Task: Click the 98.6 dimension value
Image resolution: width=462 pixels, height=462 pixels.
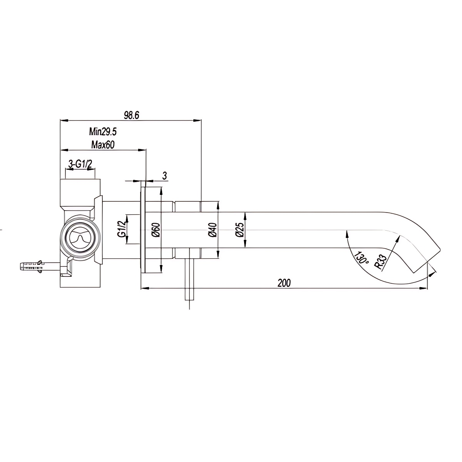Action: tap(131, 115)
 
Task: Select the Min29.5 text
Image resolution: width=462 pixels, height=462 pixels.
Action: tap(103, 132)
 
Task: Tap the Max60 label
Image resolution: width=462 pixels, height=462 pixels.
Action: tap(104, 144)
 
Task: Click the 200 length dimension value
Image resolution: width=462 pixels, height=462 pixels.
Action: tap(284, 283)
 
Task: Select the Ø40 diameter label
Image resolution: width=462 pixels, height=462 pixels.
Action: tap(212, 230)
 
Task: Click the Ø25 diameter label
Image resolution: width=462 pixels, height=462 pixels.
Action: tap(240, 230)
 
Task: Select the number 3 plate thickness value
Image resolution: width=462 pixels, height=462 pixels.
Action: tap(164, 176)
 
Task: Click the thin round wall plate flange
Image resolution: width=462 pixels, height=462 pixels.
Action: tap(143, 230)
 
